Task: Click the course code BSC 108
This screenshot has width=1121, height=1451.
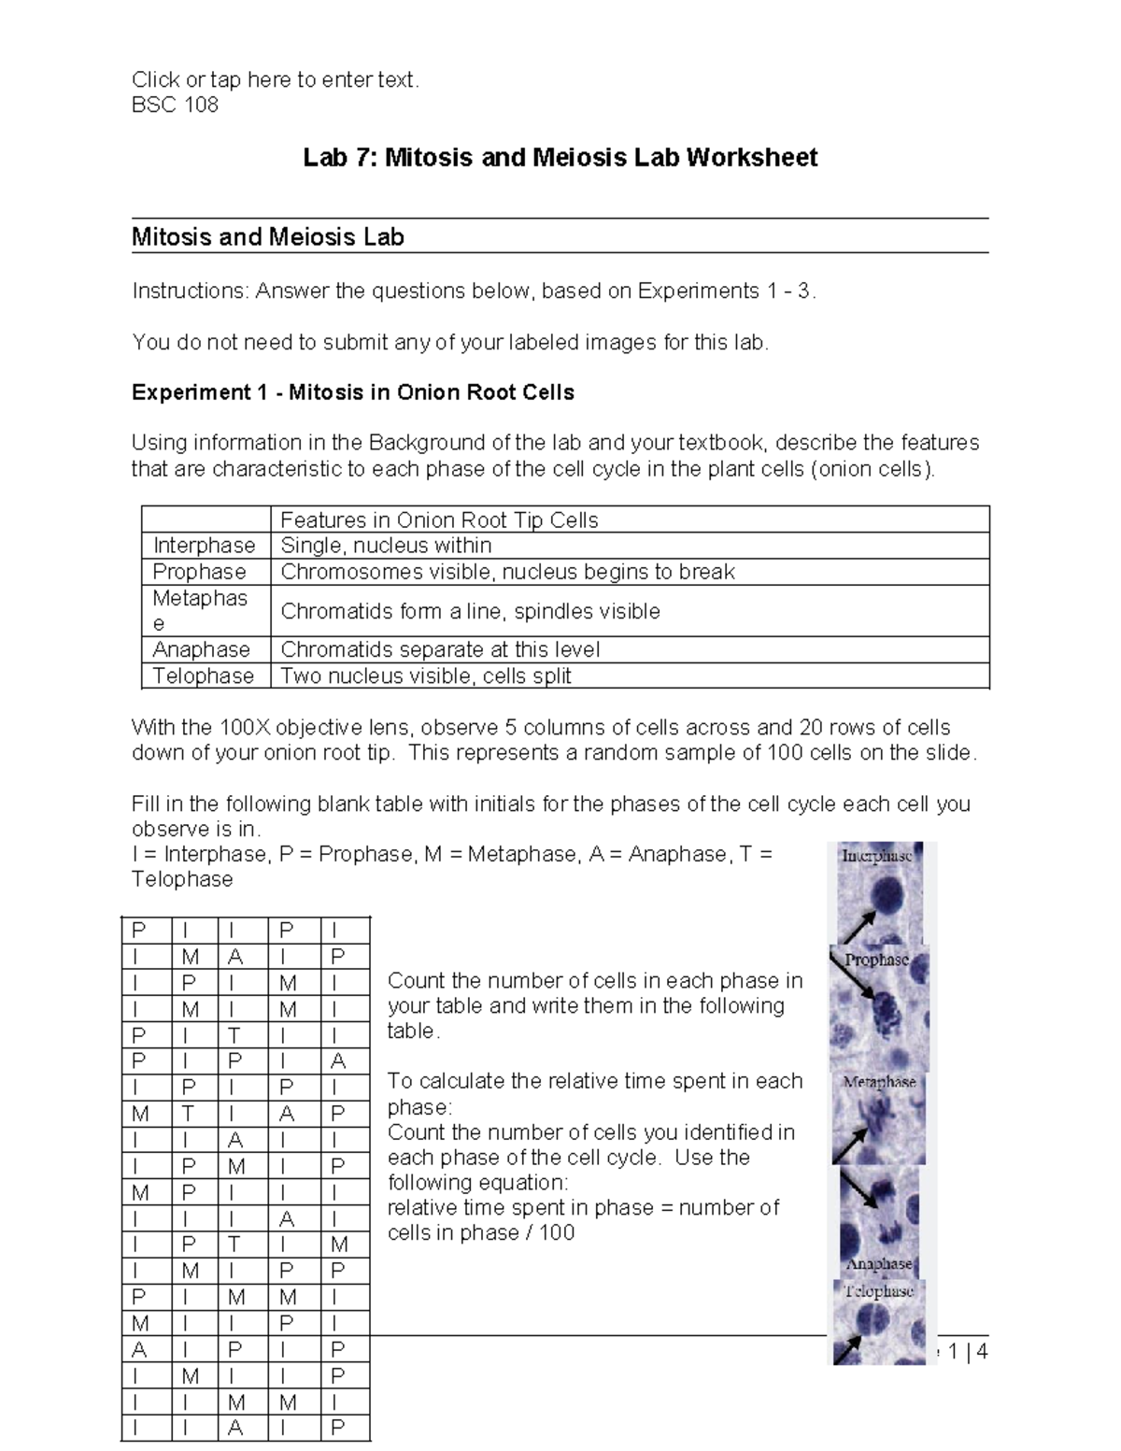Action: pos(175,105)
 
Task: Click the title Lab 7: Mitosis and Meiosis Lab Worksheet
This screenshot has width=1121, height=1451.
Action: pos(560,157)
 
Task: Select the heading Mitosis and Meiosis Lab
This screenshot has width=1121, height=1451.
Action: pos(267,237)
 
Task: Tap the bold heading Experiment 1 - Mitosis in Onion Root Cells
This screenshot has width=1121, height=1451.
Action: pos(352,392)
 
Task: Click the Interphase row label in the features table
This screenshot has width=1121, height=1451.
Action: pos(204,546)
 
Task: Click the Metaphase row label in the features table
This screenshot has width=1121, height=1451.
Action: pos(200,610)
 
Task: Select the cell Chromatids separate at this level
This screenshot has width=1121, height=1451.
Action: pos(440,649)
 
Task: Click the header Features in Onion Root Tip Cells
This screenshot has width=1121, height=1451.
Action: pos(439,520)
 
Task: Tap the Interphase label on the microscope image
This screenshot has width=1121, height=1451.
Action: pos(876,856)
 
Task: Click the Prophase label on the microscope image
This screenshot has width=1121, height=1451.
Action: pos(876,960)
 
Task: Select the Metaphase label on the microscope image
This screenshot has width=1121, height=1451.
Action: pos(878,1082)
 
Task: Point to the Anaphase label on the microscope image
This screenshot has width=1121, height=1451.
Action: pos(878,1263)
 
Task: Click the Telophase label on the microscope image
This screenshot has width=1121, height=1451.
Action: pos(878,1291)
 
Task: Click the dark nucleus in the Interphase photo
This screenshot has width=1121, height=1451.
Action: pos(884,897)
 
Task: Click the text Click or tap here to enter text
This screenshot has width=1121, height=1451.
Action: pos(276,80)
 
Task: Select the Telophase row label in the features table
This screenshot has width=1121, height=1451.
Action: pos(203,676)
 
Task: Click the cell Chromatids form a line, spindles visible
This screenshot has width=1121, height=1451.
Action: pos(470,611)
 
